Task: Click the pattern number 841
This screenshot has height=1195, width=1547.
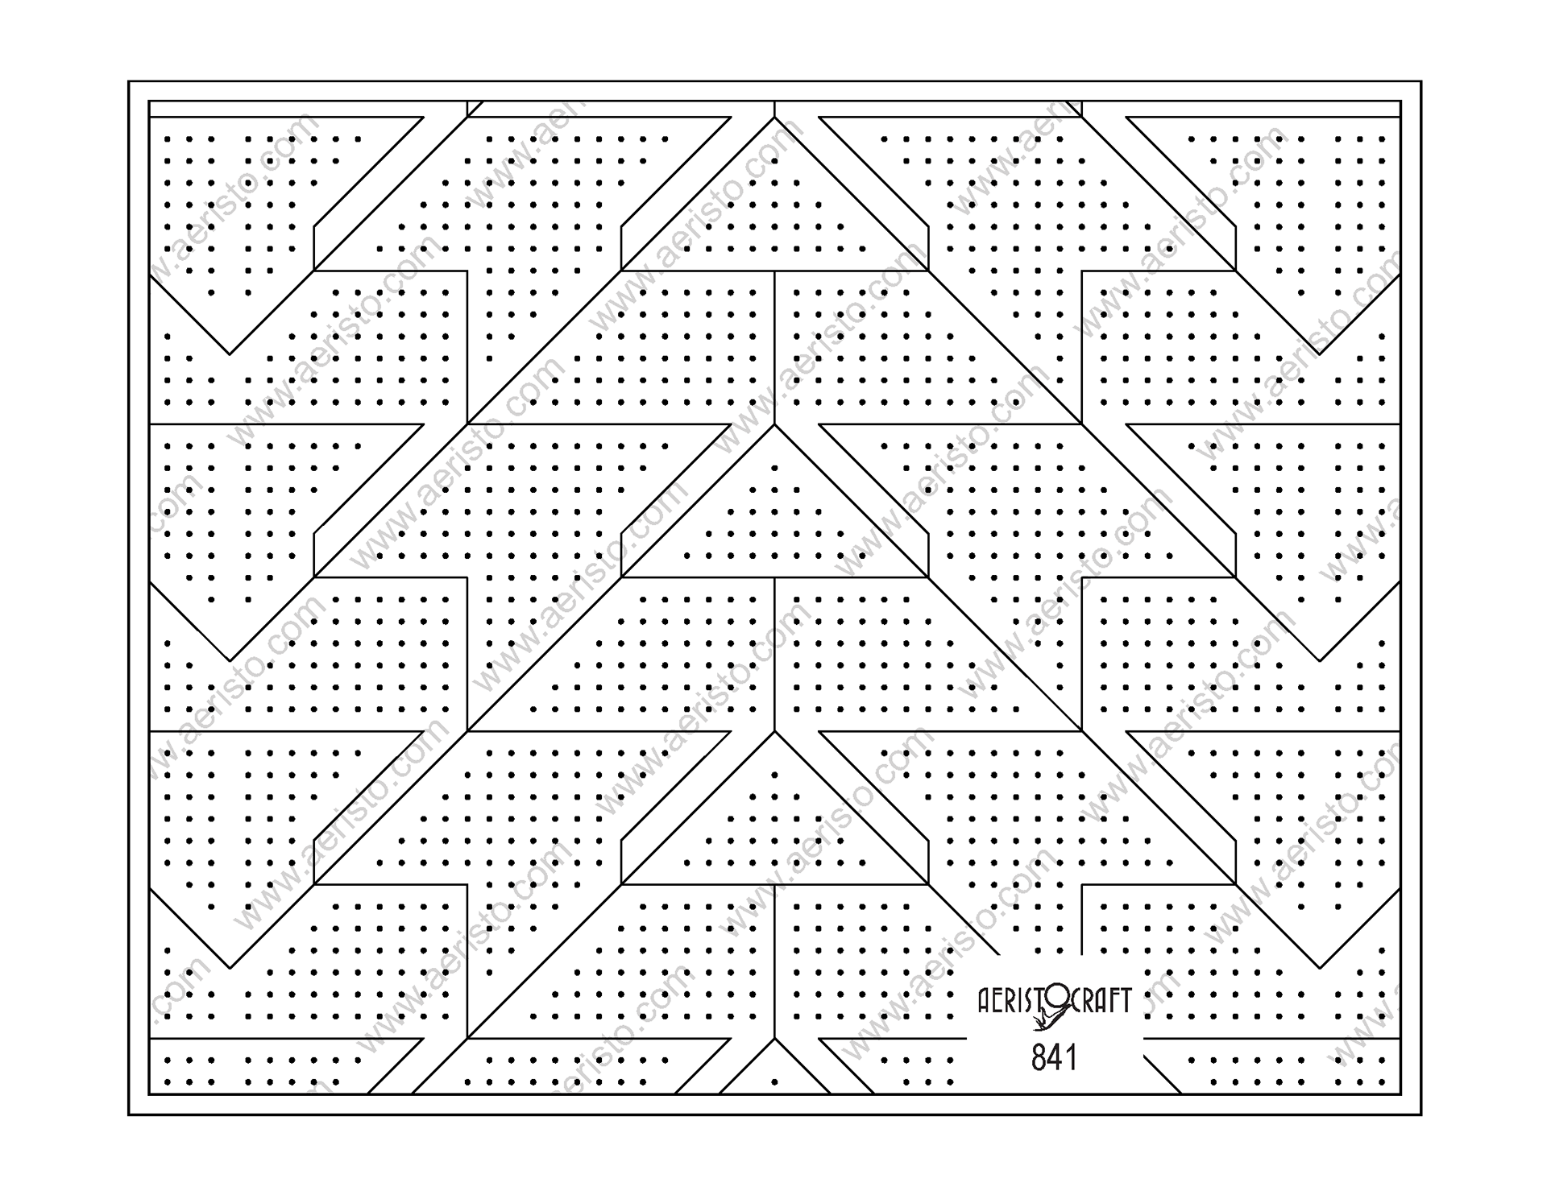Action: [1053, 1057]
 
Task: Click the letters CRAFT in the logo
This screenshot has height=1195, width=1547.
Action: [1101, 1000]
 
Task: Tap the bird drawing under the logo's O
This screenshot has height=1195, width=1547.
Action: [1047, 1022]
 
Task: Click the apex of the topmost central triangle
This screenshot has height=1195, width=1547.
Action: [774, 118]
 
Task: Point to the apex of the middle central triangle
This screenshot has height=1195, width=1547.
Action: [774, 425]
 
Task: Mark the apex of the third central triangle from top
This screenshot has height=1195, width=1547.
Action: [774, 732]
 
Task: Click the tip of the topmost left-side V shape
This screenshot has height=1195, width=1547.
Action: [230, 354]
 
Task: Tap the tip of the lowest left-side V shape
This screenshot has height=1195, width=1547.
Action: [230, 968]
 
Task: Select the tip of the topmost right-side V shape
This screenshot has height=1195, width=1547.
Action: [1319, 354]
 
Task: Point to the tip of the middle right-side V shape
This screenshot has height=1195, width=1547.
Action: [1319, 661]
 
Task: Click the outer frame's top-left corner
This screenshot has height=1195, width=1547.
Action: [129, 81]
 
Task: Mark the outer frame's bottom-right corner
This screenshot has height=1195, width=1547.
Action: [1421, 1114]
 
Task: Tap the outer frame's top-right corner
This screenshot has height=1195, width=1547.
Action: [1421, 81]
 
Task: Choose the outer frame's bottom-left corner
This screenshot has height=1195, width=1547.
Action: [129, 1114]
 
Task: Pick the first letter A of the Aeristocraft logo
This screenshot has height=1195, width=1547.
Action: [984, 1001]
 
